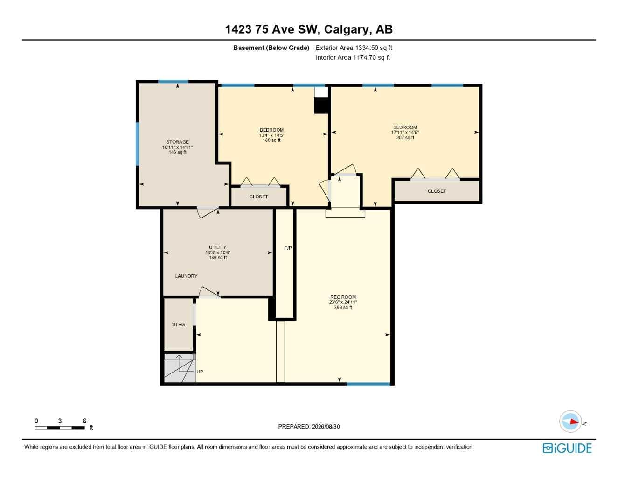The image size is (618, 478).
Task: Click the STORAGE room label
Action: tap(177, 142)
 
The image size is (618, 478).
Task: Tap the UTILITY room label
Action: tap(217, 247)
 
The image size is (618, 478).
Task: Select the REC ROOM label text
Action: tap(343, 297)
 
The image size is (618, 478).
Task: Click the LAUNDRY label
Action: tap(186, 276)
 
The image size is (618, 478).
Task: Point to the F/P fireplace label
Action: tap(288, 248)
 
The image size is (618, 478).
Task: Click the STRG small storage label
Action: tap(178, 324)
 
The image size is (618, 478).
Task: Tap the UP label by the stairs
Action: tap(200, 372)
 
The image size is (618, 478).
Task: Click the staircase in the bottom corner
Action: tap(180, 368)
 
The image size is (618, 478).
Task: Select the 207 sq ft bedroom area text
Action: tap(405, 138)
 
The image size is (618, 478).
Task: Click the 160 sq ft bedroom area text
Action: tap(271, 140)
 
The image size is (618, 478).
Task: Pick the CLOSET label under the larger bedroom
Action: tap(437, 191)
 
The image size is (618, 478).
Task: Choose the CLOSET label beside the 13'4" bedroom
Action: tap(258, 197)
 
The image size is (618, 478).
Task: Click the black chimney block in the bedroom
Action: tap(321, 105)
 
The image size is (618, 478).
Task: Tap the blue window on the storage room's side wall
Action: tap(138, 144)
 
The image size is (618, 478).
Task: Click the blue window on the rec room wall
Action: tap(368, 384)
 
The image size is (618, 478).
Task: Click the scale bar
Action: tap(60, 428)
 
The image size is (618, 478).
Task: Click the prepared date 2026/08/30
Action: tap(326, 427)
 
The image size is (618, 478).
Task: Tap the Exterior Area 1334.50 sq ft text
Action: tap(354, 48)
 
